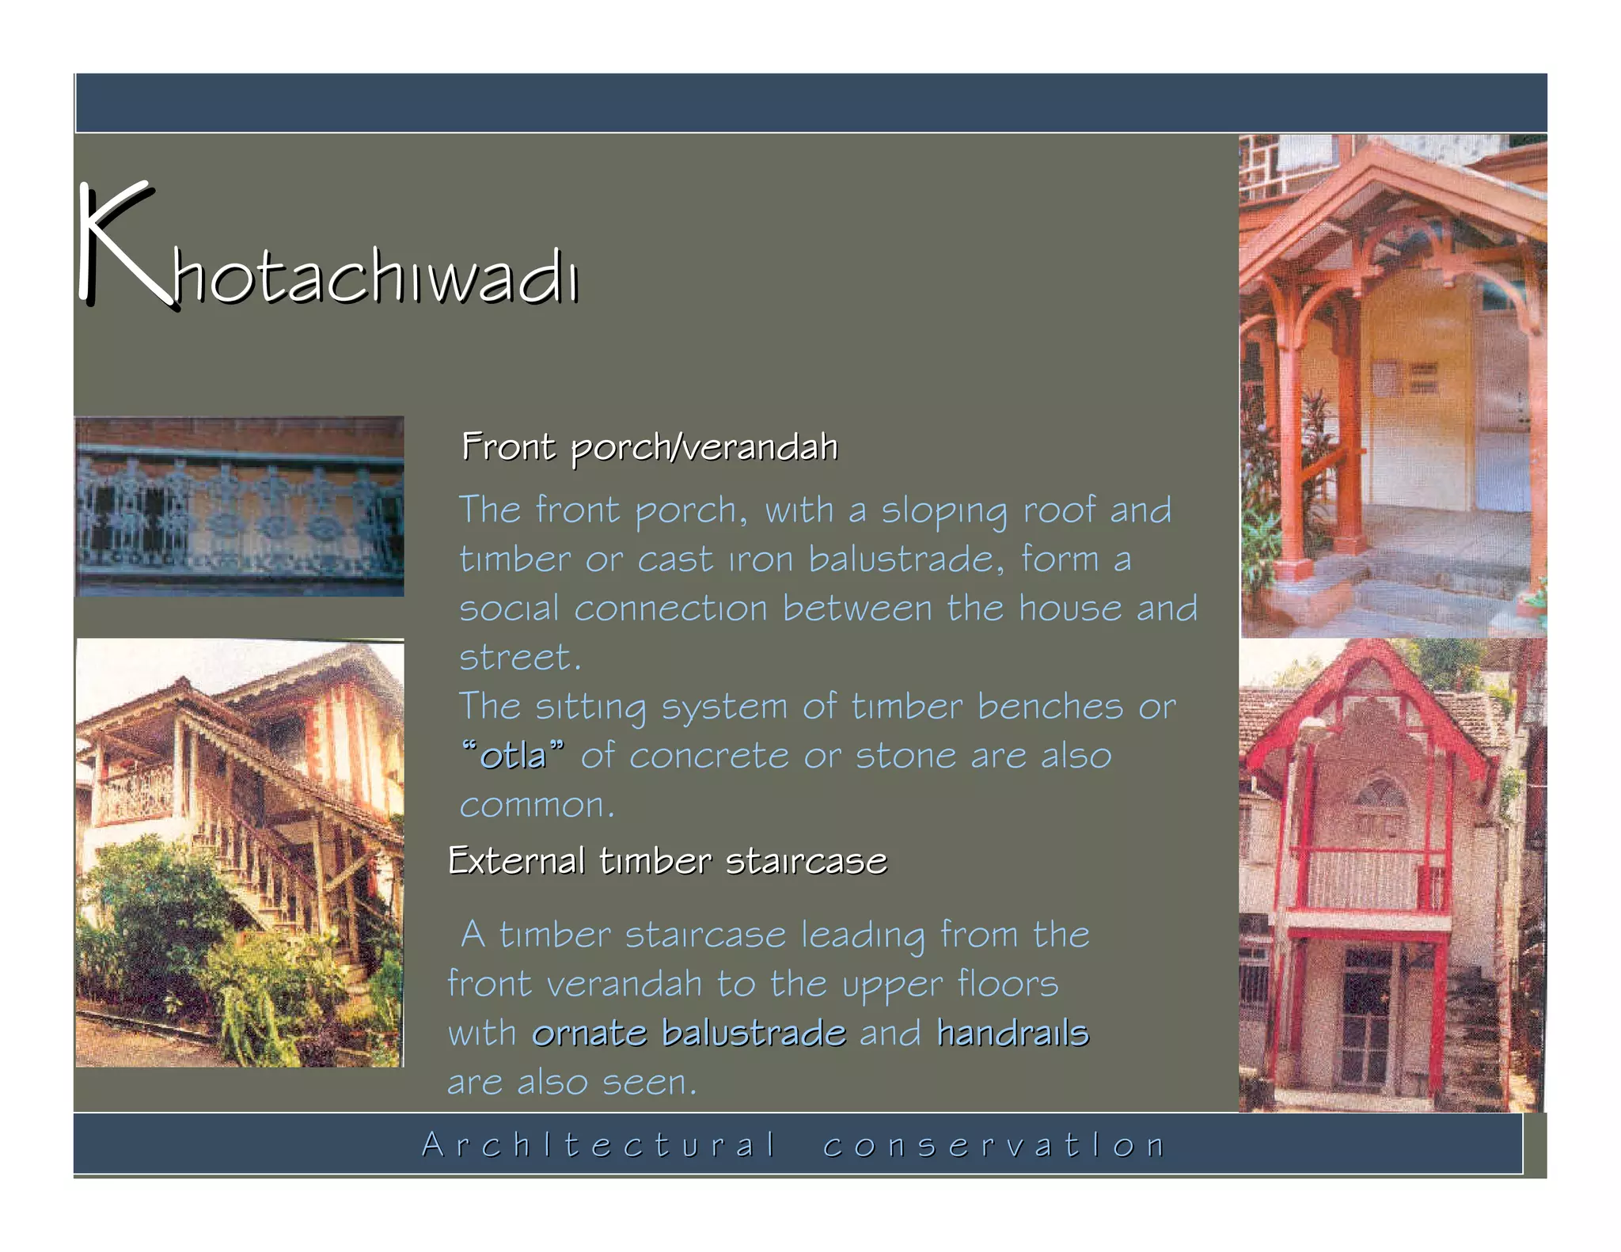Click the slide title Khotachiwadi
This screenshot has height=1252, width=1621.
(328, 253)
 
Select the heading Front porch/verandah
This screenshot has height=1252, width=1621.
(649, 447)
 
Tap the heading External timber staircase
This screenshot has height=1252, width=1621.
(667, 861)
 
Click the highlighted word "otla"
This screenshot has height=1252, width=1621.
(513, 756)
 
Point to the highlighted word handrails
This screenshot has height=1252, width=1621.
(1012, 1033)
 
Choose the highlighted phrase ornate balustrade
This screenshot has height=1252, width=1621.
(689, 1033)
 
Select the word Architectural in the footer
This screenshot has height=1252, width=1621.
(598, 1145)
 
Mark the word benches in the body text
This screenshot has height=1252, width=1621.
(1050, 707)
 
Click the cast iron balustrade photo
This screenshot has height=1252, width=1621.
(240, 506)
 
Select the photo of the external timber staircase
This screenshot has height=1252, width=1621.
(240, 853)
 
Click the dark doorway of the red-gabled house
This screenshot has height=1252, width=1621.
(1367, 1021)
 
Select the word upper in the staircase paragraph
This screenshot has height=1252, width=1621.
(893, 985)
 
